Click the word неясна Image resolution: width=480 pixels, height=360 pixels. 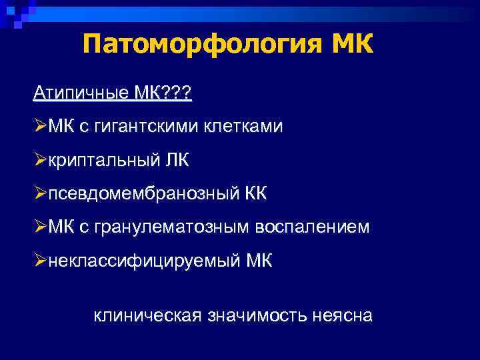click(341, 314)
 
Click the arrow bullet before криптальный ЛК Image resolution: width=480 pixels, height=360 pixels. click(39, 160)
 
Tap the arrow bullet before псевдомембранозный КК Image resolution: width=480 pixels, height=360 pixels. click(39, 193)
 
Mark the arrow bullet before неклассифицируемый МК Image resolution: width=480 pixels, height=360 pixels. click(39, 261)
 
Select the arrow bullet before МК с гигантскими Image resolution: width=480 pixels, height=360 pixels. click(39, 126)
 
